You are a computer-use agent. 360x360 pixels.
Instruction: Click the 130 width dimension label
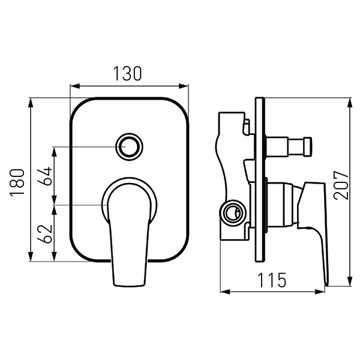[x=128, y=74]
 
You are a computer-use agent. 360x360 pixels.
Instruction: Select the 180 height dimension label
[x=17, y=182]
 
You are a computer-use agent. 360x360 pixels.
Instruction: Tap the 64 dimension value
[x=45, y=176]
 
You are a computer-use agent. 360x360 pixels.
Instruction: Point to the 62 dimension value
[x=45, y=233]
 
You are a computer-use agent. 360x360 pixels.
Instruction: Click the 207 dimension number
[x=341, y=185]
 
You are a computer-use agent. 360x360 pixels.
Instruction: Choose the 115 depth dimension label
[x=272, y=280]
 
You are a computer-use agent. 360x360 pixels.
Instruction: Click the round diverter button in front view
[x=129, y=146]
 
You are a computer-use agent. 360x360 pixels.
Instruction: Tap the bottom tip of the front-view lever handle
[x=129, y=286]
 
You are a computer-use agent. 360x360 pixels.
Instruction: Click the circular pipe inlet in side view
[x=233, y=211]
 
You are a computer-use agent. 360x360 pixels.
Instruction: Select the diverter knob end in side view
[x=308, y=146]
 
